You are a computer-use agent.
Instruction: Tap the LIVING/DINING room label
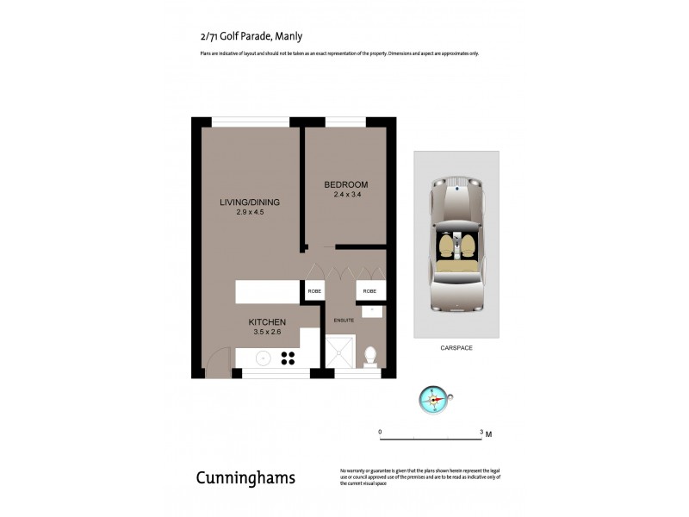pyautogui.click(x=249, y=202)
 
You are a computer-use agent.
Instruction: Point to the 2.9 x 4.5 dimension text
pyautogui.click(x=249, y=212)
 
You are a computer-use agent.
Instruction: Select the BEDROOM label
pyautogui.click(x=346, y=184)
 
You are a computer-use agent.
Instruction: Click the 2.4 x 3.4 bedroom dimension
pyautogui.click(x=346, y=195)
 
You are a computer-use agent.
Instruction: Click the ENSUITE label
pyautogui.click(x=344, y=321)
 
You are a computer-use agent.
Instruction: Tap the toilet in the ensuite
pyautogui.click(x=369, y=354)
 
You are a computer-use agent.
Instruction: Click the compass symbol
pyautogui.click(x=433, y=398)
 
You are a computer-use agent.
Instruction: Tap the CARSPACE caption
pyautogui.click(x=456, y=347)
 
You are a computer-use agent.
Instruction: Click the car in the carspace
pyautogui.click(x=456, y=244)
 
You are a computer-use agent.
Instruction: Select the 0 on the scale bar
pyautogui.click(x=380, y=431)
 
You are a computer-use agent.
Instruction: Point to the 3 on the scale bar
pyautogui.click(x=481, y=431)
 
